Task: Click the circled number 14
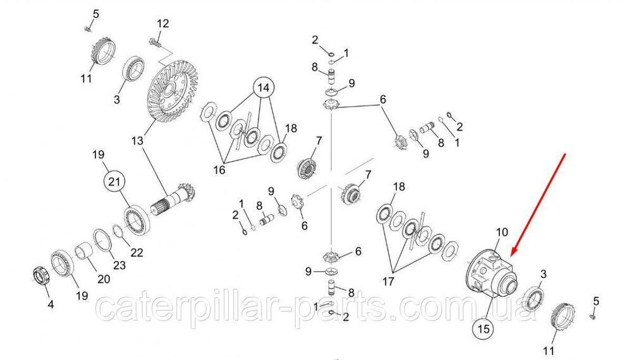(264, 87)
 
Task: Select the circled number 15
(483, 329)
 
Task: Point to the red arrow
(538, 205)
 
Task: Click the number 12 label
(163, 23)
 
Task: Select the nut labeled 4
(40, 277)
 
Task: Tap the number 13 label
(137, 141)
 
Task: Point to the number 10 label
(502, 232)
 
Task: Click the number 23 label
(119, 265)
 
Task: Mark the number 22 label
(137, 253)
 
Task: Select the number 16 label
(219, 170)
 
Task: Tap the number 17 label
(388, 281)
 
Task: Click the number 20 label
(104, 279)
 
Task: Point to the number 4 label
(51, 304)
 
